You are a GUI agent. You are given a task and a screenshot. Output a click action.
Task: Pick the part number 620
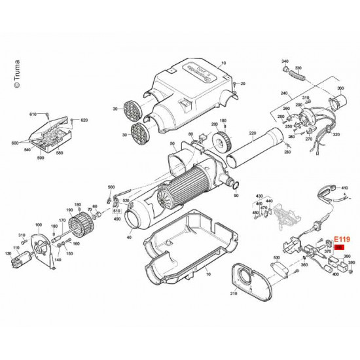(x=84, y=120)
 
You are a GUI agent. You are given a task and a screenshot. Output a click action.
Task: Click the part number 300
(x=340, y=88)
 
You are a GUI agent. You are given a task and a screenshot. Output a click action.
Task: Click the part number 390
(x=351, y=262)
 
